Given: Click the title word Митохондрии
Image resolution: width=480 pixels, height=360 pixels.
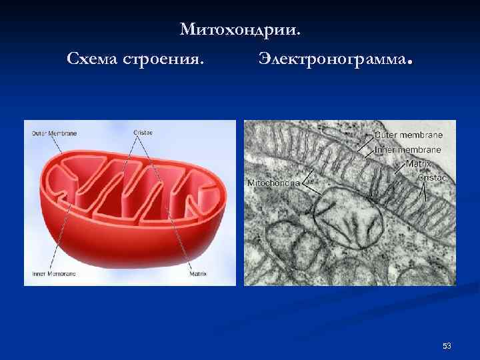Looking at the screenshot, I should tap(240, 29).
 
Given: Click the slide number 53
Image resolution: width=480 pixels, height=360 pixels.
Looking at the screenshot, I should tap(447, 346).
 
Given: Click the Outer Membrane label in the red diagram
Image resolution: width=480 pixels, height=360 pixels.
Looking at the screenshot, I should tap(55, 133).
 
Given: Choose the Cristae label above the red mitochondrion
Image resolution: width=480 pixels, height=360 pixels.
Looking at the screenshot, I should tap(143, 133).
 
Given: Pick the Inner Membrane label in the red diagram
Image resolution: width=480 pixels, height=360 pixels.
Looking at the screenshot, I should tap(54, 273).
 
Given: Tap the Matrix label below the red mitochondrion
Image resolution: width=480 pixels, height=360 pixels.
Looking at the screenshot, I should tap(198, 273).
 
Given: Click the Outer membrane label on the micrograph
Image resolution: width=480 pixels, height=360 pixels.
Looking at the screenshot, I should tap(408, 135).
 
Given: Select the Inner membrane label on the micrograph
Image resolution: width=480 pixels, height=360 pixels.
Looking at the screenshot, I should tap(408, 149).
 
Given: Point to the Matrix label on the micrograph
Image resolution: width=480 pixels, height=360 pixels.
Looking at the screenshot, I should tap(419, 164).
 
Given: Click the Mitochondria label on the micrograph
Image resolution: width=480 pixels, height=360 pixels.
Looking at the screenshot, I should tap(273, 183).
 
